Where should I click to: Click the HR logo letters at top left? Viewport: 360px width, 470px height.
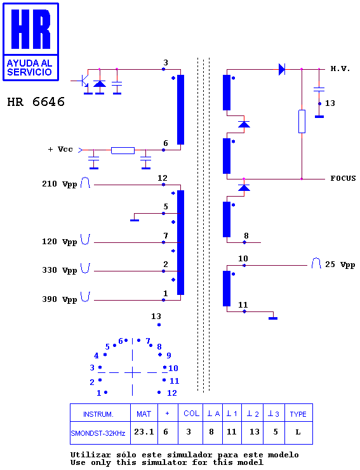pos(30,29)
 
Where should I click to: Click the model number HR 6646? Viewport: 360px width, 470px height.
pos(36,102)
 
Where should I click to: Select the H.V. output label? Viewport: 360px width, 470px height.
pos(340,69)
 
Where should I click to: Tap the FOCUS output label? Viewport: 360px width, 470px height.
pos(343,178)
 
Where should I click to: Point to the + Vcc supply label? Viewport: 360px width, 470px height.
pos(60,149)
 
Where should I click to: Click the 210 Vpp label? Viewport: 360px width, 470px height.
pos(60,184)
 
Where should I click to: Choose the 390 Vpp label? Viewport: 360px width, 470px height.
pos(60,299)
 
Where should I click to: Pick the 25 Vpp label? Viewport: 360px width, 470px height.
pos(340,264)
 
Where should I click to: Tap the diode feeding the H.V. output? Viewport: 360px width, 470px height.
pos(282,69)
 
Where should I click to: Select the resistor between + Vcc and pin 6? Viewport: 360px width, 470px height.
pos(123,150)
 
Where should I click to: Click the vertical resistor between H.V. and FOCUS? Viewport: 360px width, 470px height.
pos(302,121)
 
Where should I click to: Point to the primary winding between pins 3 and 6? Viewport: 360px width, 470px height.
pos(180,110)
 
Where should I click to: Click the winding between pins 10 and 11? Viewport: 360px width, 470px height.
pos(227,289)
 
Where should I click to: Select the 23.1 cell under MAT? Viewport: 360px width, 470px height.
pos(143,432)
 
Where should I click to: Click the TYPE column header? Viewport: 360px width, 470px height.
pos(298,414)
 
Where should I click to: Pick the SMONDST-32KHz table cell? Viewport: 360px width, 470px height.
pos(98,433)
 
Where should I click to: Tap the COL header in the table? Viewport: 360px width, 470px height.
pos(191,414)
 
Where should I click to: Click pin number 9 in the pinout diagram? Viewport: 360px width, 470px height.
pos(169,355)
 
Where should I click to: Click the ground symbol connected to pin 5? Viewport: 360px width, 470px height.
pos(135,220)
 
